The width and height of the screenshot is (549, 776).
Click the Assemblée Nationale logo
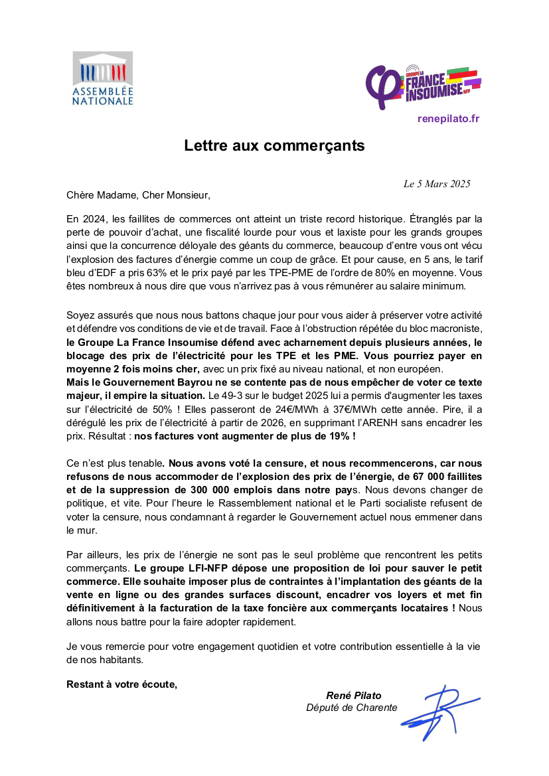pos(102,78)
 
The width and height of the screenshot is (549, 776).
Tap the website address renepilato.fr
pos(448,119)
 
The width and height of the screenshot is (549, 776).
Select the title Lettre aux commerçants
pos(274,145)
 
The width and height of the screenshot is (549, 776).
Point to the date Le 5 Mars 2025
pos(437,184)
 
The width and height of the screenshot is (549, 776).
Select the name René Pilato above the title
pos(354,695)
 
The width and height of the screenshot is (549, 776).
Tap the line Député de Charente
pos(352,708)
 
